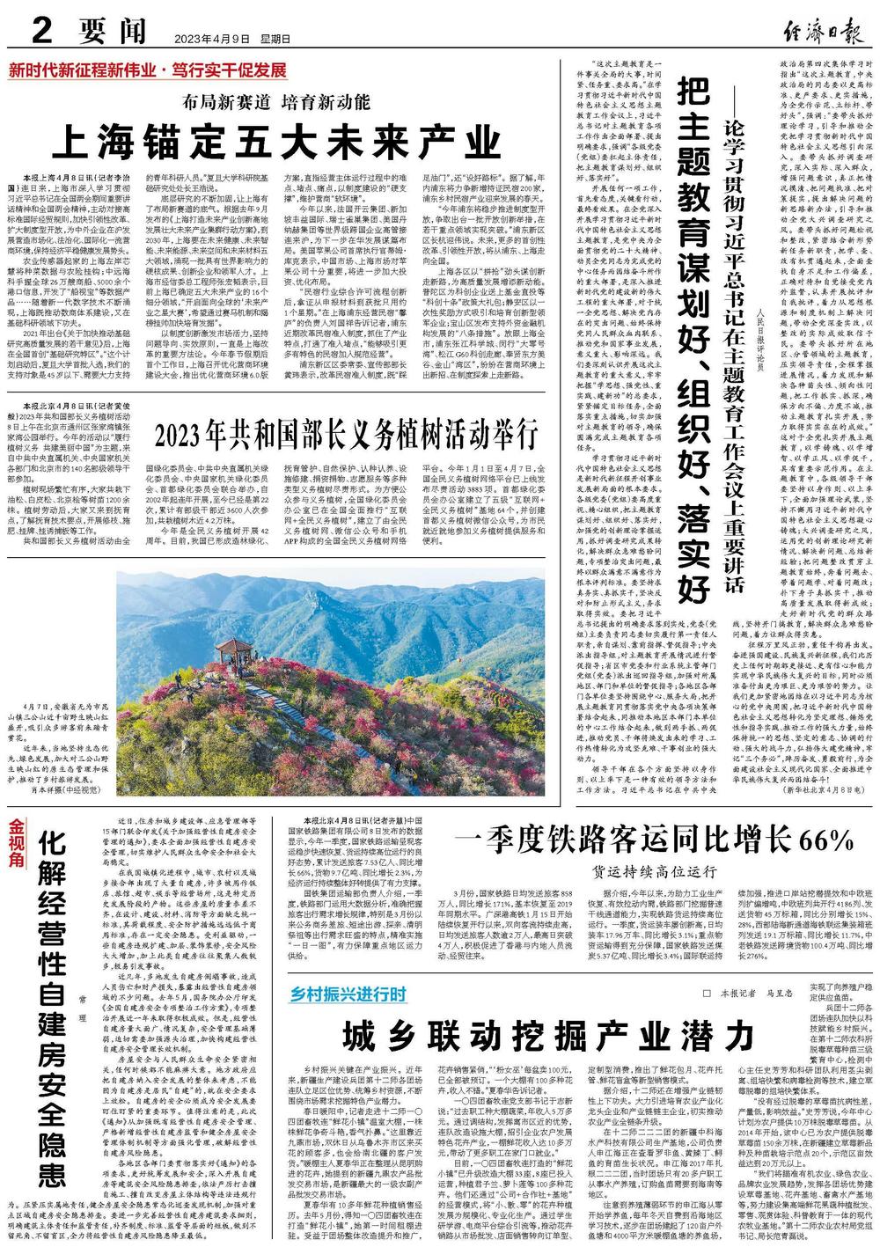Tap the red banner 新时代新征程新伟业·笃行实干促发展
point(148,70)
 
